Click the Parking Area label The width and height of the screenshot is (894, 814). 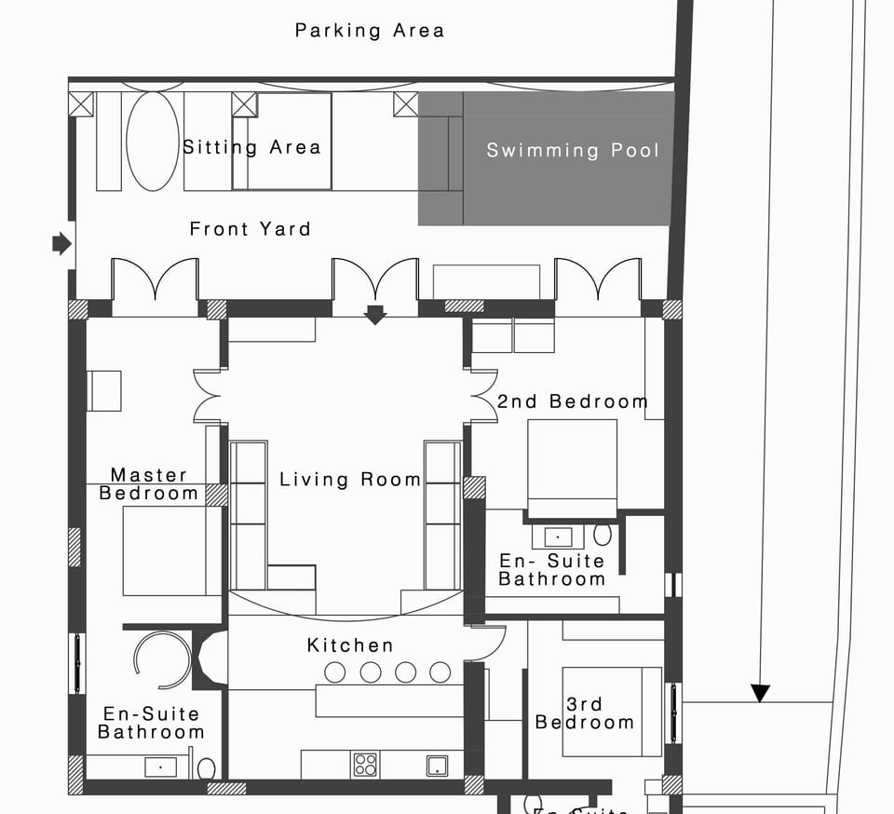pyautogui.click(x=370, y=31)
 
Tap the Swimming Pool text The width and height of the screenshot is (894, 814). pyautogui.click(x=573, y=150)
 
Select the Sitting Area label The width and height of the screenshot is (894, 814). pyautogui.click(x=251, y=147)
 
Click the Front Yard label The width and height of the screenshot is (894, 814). pyautogui.click(x=250, y=229)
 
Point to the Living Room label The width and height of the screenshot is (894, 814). pyautogui.click(x=350, y=480)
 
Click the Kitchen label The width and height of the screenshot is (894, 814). pyautogui.click(x=350, y=645)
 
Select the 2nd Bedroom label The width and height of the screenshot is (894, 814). pyautogui.click(x=572, y=401)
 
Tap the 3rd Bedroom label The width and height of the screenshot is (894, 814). pyautogui.click(x=585, y=713)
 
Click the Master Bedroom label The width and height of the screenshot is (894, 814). pyautogui.click(x=149, y=484)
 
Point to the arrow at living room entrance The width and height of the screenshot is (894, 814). pyautogui.click(x=375, y=315)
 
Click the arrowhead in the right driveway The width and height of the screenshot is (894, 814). pyautogui.click(x=761, y=693)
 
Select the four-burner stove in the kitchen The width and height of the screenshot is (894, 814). pyautogui.click(x=365, y=765)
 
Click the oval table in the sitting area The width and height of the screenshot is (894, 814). pyautogui.click(x=152, y=142)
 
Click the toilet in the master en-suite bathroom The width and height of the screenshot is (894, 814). pyautogui.click(x=207, y=768)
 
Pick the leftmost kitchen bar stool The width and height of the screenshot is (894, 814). pyautogui.click(x=334, y=672)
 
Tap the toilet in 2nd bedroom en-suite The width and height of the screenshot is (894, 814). pyautogui.click(x=603, y=535)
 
